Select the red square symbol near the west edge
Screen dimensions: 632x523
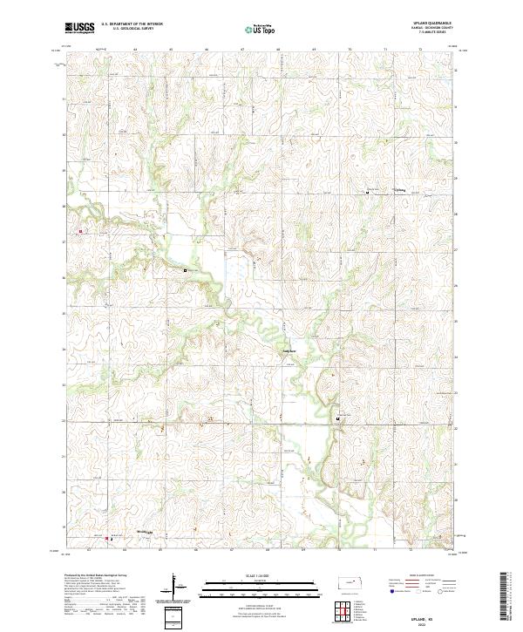pos(80,231)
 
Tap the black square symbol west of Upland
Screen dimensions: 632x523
pos(367,194)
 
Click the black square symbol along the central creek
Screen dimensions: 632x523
pos(186,271)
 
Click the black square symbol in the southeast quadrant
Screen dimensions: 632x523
pos(337,420)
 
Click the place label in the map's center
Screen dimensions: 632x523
pos(283,352)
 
